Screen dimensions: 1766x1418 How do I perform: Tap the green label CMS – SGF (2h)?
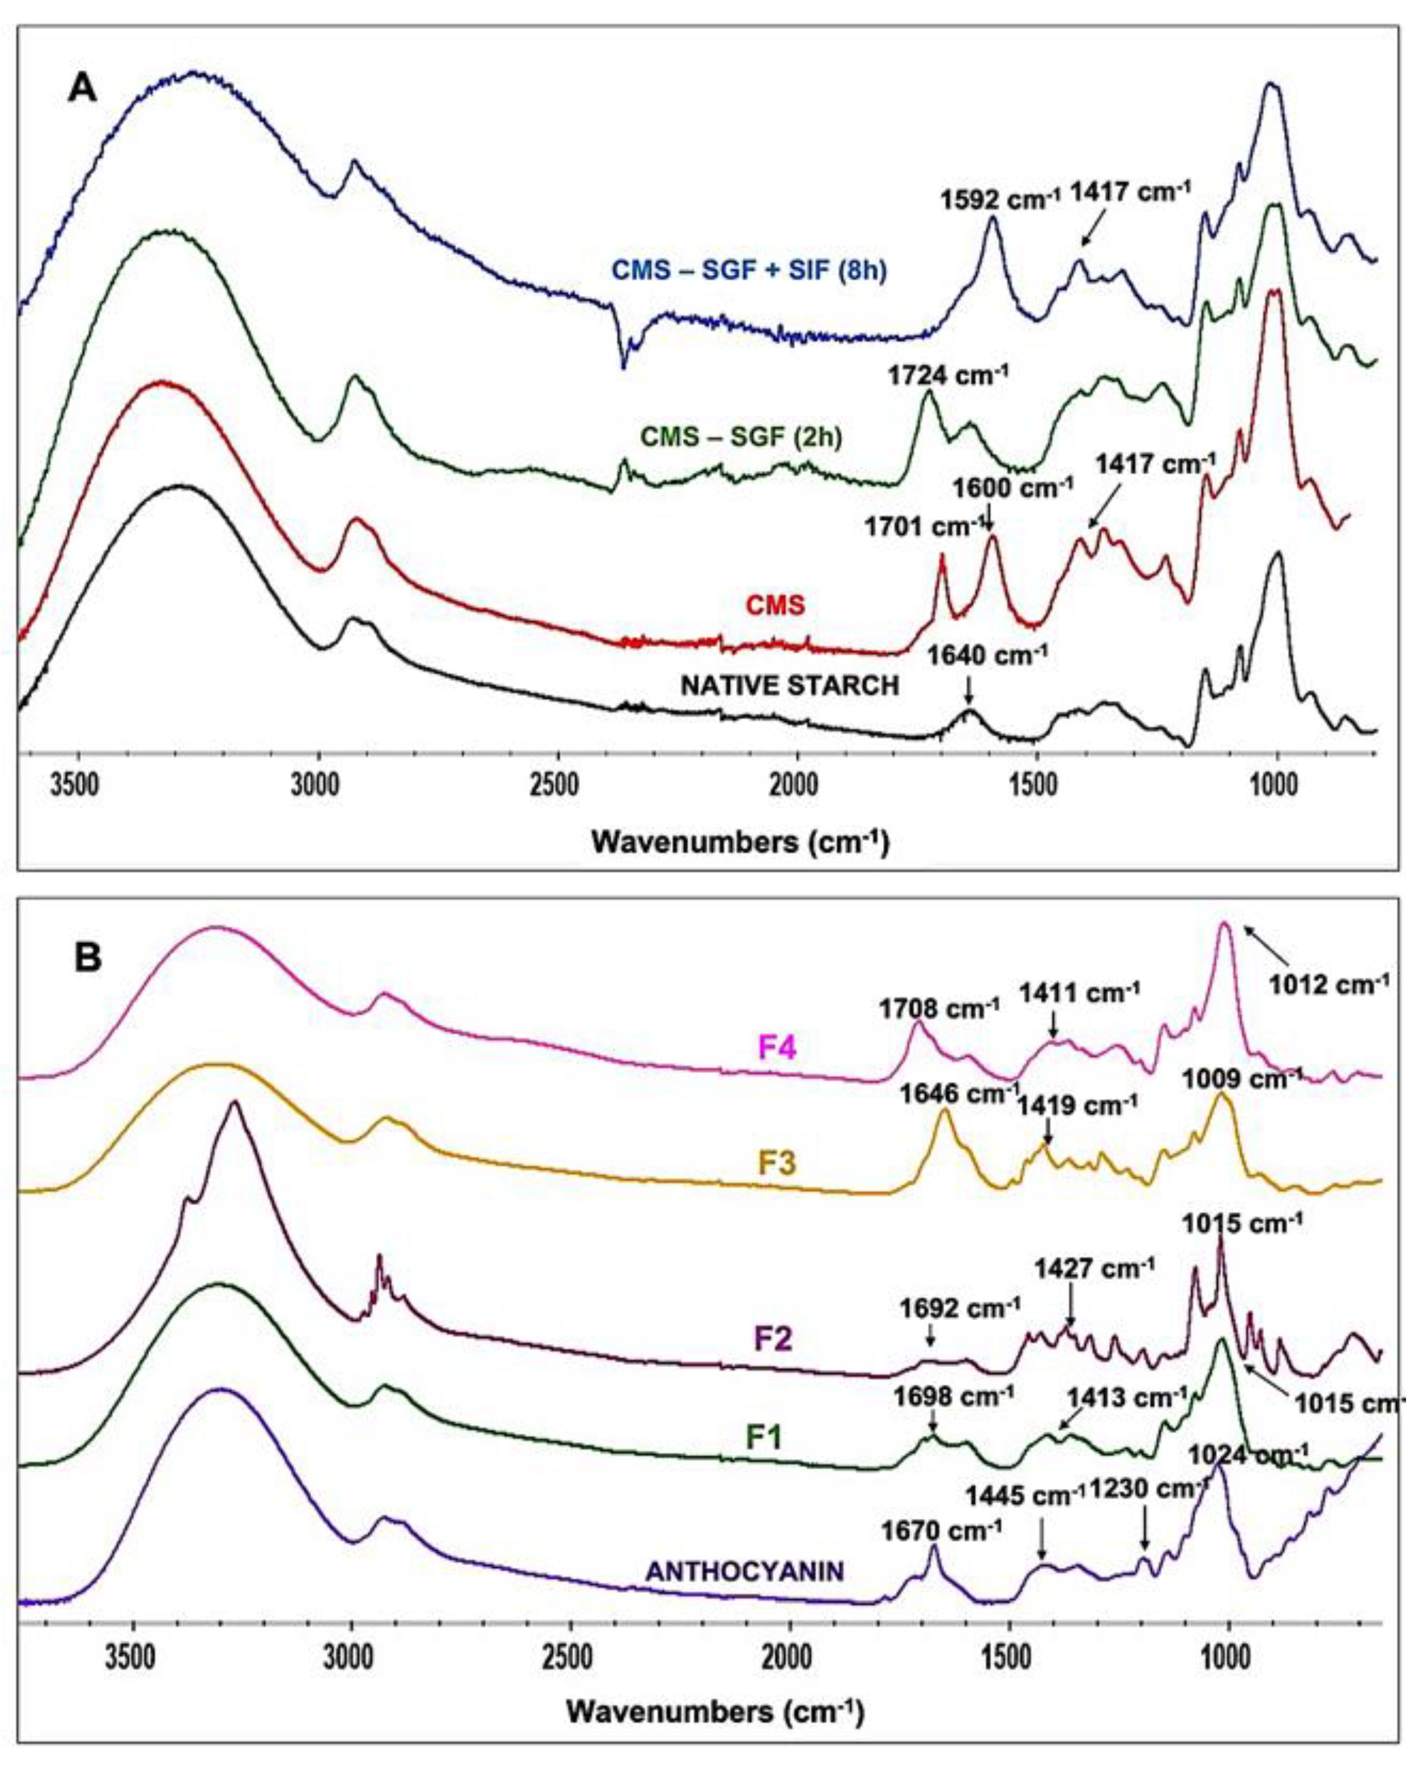(x=740, y=436)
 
